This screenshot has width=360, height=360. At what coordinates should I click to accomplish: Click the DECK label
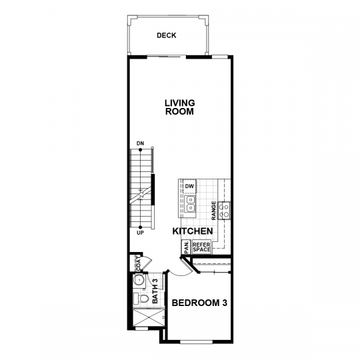pyautogui.click(x=167, y=35)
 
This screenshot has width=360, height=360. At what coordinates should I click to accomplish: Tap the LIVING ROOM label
pyautogui.click(x=180, y=107)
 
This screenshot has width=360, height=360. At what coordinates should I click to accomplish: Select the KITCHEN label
pyautogui.click(x=193, y=231)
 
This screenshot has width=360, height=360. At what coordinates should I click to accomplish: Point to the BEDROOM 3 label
pyautogui.click(x=199, y=303)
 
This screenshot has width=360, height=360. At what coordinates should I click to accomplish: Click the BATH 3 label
pyautogui.click(x=155, y=291)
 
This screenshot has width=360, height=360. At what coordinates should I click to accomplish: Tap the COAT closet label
pyautogui.click(x=138, y=263)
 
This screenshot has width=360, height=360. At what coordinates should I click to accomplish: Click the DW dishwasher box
pyautogui.click(x=189, y=186)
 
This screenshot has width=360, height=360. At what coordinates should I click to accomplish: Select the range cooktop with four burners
pyautogui.click(x=224, y=211)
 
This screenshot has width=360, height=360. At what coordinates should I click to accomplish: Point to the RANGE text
pyautogui.click(x=214, y=211)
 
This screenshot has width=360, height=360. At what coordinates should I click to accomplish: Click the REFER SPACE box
pyautogui.click(x=201, y=247)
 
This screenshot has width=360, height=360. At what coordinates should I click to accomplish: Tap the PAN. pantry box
pyautogui.click(x=186, y=247)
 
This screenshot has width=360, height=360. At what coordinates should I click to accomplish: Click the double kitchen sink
pyautogui.click(x=190, y=203)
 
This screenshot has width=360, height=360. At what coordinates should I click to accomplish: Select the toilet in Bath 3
pyautogui.click(x=141, y=299)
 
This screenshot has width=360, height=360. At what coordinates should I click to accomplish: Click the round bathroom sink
pyautogui.click(x=139, y=280)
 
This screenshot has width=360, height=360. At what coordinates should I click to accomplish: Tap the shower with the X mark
pyautogui.click(x=149, y=317)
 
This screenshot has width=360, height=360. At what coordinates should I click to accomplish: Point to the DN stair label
pyautogui.click(x=140, y=143)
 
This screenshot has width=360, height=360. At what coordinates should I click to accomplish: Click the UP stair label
pyautogui.click(x=140, y=233)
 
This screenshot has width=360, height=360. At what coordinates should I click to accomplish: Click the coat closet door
pyautogui.click(x=147, y=264)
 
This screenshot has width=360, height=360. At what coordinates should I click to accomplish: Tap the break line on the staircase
pyautogui.click(x=141, y=195)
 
